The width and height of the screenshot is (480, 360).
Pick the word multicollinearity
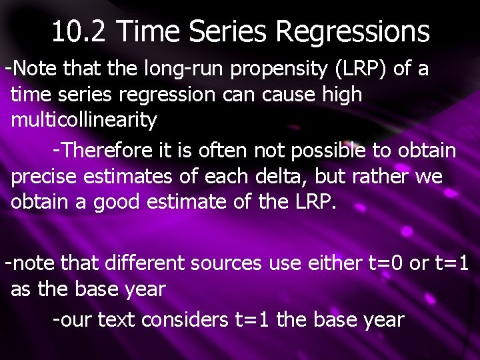[84, 121]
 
